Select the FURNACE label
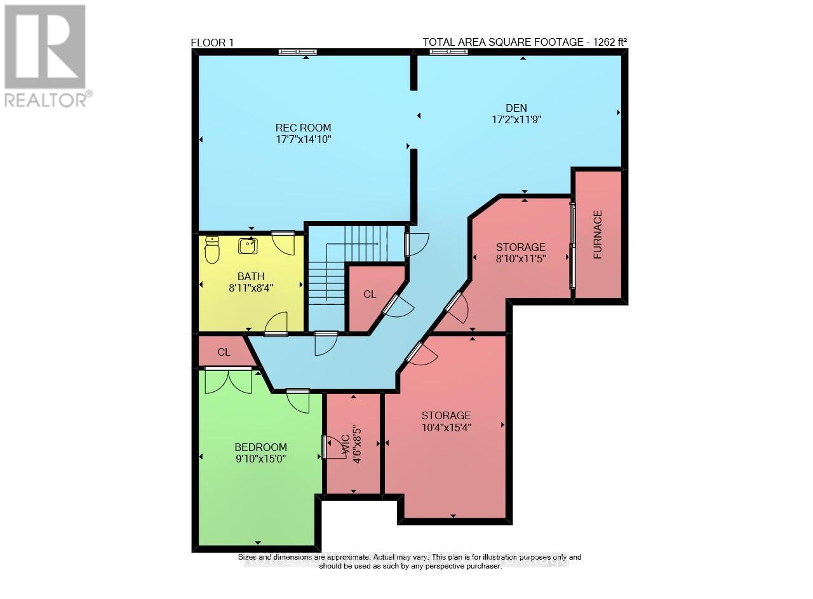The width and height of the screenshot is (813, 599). point(598,234)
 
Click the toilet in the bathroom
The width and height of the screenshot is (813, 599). point(212,250)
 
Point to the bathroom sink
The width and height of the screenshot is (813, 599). point(248,246)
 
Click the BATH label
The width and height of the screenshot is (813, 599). point(251,276)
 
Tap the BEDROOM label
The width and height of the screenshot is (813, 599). point(260,447)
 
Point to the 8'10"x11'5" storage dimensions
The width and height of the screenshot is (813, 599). point(521,259)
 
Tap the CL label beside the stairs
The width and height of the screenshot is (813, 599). point(370,295)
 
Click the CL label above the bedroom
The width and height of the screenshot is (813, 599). point(224,352)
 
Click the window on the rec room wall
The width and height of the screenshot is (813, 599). point(299,52)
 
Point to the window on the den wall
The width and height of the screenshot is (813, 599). point(448,52)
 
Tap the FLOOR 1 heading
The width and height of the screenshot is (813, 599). point(213,43)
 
